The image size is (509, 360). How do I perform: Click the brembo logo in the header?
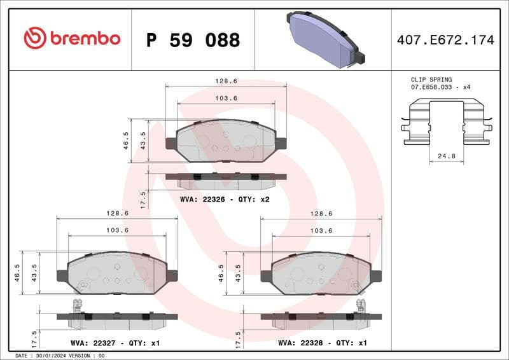(x=71, y=39)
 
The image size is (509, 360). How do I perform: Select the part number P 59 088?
(x=193, y=40)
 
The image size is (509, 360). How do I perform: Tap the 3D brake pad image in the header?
(x=324, y=39)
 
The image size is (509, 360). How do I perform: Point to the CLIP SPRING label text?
(x=431, y=80)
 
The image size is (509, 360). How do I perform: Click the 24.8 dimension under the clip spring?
(x=445, y=155)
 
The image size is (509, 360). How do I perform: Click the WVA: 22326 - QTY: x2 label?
(x=225, y=199)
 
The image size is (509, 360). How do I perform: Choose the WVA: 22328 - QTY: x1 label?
(x=323, y=343)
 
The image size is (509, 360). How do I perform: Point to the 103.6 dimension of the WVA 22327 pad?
(x=117, y=230)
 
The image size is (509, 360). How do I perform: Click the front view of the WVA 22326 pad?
(x=226, y=141)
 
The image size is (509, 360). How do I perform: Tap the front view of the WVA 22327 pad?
(x=117, y=272)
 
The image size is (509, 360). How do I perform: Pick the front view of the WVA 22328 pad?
(x=322, y=272)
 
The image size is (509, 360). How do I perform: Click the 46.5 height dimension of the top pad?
(x=126, y=139)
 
